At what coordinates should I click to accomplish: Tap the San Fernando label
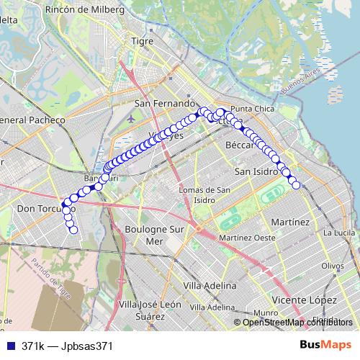pos(165,104)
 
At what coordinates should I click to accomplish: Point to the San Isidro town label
pos(257,172)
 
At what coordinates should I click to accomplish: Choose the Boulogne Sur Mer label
pos(155,235)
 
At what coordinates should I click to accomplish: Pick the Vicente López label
pos(305,299)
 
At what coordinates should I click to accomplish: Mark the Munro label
pos(266,312)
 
